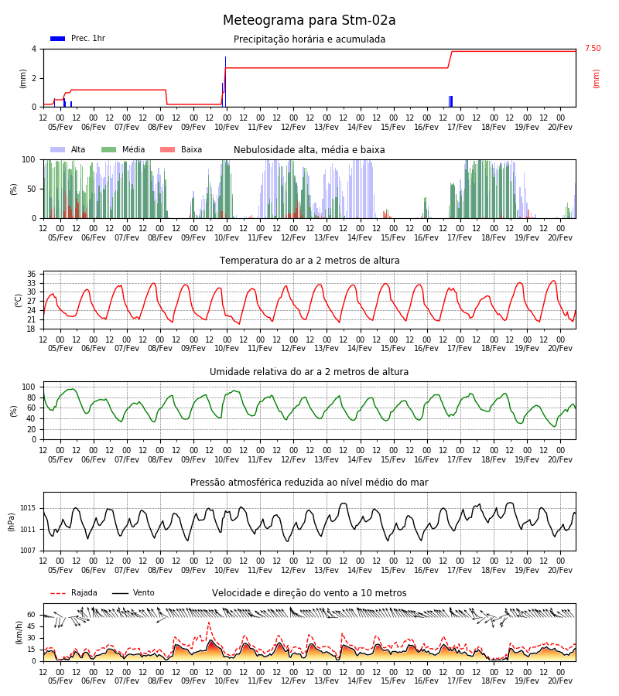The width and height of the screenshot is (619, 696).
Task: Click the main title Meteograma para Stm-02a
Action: click(x=309, y=20)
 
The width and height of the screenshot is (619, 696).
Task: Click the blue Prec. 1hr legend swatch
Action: click(x=58, y=39)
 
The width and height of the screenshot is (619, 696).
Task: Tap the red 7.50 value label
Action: click(x=593, y=49)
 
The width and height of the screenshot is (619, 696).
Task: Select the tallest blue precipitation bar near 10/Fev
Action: click(x=226, y=82)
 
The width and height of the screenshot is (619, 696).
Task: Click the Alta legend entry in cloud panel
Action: click(x=68, y=149)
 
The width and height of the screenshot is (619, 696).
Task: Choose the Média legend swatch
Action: click(x=108, y=149)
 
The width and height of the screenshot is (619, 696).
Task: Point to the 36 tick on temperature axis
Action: click(x=32, y=274)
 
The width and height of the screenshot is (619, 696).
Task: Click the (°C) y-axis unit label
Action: click(x=19, y=300)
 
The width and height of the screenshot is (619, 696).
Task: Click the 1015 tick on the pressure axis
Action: click(x=29, y=508)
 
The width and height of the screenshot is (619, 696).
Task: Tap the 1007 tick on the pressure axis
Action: click(x=29, y=551)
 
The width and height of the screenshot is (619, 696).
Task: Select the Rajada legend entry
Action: click(x=74, y=592)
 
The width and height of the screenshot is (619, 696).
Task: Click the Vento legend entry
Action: click(x=133, y=592)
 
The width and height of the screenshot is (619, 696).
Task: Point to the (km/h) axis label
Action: click(x=19, y=633)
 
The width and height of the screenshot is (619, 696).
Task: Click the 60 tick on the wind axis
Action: click(x=32, y=615)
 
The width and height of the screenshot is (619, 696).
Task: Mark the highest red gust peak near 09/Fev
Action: click(x=209, y=623)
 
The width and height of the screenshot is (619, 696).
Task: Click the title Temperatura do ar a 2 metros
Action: click(x=309, y=261)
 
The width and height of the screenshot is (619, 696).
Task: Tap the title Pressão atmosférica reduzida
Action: click(x=309, y=482)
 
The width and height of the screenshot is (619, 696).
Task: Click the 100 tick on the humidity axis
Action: click(x=29, y=387)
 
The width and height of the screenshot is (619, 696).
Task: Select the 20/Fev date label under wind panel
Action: click(x=560, y=681)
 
